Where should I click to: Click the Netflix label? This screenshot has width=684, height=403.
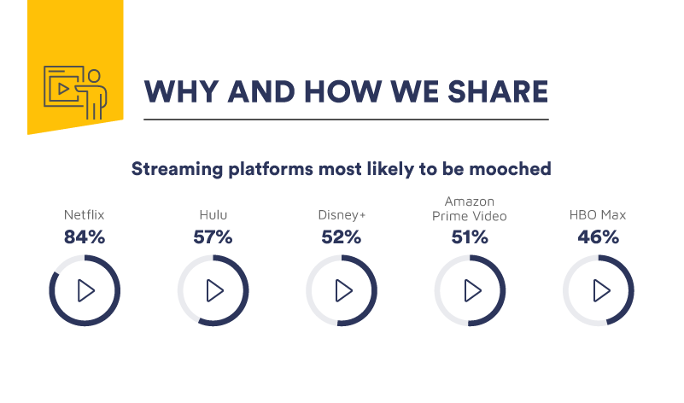click(84, 215)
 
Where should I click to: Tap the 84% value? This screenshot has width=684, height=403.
click(84, 237)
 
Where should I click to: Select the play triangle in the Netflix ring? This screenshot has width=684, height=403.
click(85, 290)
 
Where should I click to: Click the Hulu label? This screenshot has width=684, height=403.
click(213, 215)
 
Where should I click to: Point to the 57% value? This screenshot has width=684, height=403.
click(213, 237)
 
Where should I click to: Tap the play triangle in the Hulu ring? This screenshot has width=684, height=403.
click(214, 290)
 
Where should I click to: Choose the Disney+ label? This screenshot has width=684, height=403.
click(342, 215)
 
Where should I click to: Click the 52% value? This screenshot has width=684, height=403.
click(342, 237)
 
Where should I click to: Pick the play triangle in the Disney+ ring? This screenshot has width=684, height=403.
click(343, 290)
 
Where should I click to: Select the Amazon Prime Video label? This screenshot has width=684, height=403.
click(470, 208)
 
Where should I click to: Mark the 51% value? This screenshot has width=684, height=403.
click(470, 237)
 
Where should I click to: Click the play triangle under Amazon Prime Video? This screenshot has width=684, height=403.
click(471, 290)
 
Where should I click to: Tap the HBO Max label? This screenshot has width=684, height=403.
click(598, 215)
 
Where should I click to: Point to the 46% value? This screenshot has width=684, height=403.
click(598, 237)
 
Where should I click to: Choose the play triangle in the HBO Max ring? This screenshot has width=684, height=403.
click(600, 290)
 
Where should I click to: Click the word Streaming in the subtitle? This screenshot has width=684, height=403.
click(170, 168)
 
